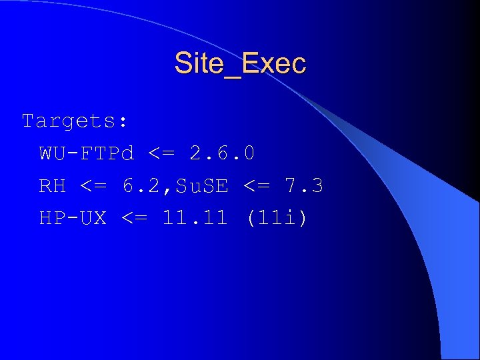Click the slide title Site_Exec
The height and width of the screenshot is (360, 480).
pyautogui.click(x=240, y=64)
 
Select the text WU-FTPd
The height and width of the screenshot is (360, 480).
pyautogui.click(x=87, y=154)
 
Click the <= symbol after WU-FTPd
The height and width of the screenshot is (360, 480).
pyautogui.click(x=161, y=154)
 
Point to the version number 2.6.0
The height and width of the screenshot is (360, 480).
pyautogui.click(x=222, y=154)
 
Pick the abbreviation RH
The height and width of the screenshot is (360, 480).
pyautogui.click(x=53, y=186)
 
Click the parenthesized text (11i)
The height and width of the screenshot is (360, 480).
pyautogui.click(x=277, y=218)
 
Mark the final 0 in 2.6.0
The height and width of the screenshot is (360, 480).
pyautogui.click(x=248, y=154)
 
